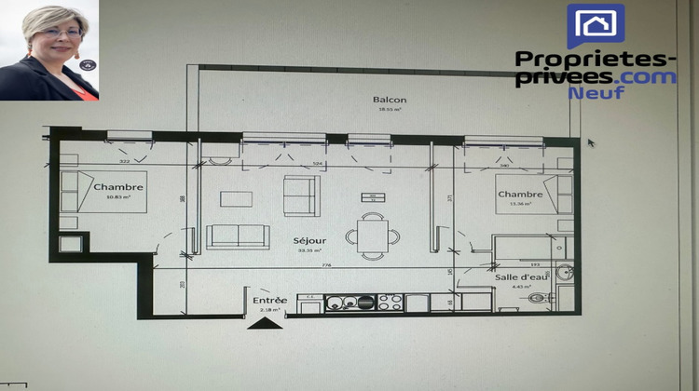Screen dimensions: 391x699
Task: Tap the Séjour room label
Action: [309, 239]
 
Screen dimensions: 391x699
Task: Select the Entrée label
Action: [269, 300]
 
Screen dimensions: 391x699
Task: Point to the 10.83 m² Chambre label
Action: [118, 187]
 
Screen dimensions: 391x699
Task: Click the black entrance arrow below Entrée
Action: [266, 323]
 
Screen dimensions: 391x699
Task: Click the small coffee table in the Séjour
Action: [235, 197]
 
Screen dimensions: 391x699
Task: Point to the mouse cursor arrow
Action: [591, 143]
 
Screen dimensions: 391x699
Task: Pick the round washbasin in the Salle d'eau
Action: [565, 273]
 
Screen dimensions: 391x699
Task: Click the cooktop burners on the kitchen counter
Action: [391, 302]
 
